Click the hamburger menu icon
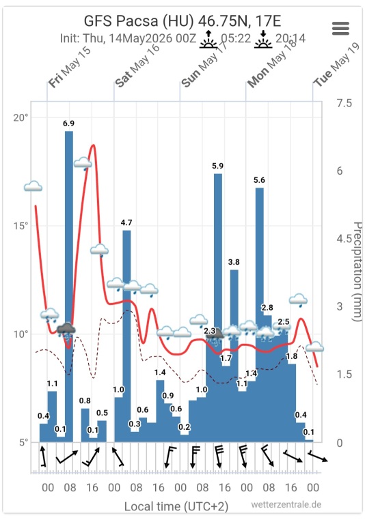(x=340, y=29)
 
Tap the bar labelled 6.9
(x=68, y=287)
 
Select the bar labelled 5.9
(x=217, y=308)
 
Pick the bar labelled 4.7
(x=126, y=336)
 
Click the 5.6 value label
(x=259, y=180)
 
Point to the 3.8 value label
(x=234, y=262)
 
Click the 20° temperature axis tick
(x=21, y=117)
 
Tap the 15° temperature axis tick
(x=21, y=226)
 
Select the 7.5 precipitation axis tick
(x=344, y=103)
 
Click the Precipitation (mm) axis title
(x=357, y=272)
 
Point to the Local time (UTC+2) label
(x=176, y=506)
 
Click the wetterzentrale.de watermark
(x=286, y=504)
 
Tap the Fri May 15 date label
(x=69, y=67)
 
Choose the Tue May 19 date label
(x=336, y=65)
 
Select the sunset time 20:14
(x=290, y=38)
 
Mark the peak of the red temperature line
(x=94, y=145)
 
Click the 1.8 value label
(x=292, y=356)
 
